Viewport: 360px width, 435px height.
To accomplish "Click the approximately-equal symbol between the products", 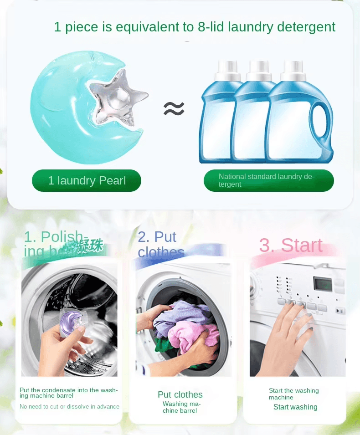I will [174, 108].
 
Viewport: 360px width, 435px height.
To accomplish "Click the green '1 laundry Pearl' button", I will [87, 181].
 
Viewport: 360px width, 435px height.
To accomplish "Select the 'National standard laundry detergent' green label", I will [268, 180].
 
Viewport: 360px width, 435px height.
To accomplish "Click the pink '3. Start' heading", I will [291, 246].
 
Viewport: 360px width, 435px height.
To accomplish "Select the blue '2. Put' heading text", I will [157, 237].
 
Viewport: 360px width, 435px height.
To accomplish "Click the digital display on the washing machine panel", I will [322, 283].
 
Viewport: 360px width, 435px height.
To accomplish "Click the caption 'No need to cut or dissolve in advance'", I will [69, 406].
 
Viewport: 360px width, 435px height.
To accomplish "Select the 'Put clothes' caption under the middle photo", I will [180, 394].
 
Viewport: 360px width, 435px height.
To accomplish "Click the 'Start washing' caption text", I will [295, 407].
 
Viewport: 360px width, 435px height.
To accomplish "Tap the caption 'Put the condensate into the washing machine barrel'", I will [69, 393].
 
